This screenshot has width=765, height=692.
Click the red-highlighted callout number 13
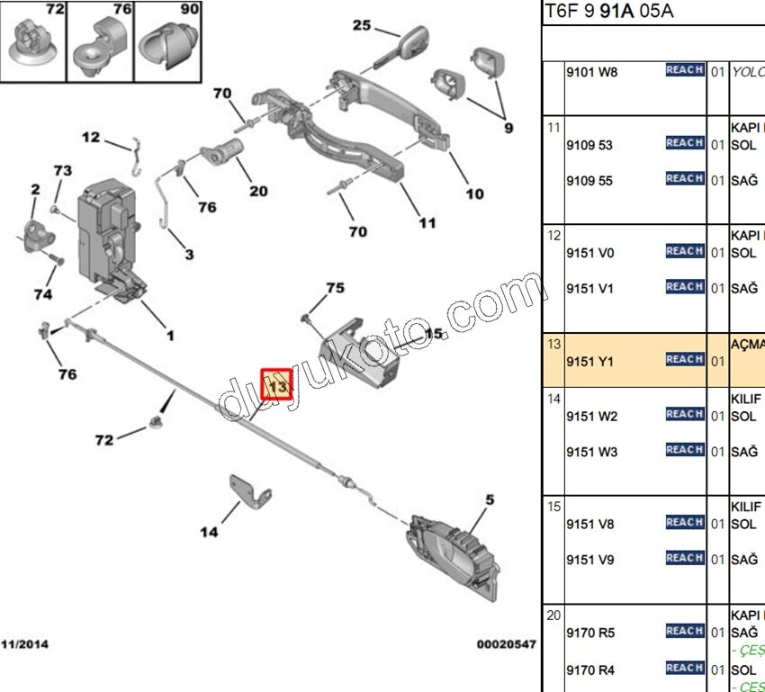click(x=277, y=385)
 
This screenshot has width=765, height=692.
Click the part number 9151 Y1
click(x=589, y=361)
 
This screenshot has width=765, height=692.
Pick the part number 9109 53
click(x=589, y=144)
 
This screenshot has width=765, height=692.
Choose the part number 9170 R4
click(x=590, y=669)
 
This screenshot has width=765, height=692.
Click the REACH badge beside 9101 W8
click(x=685, y=70)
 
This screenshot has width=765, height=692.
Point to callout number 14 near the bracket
click(x=209, y=532)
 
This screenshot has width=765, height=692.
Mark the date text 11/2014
click(x=24, y=644)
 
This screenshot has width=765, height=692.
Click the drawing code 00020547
click(x=506, y=644)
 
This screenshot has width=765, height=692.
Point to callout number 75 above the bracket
click(x=335, y=288)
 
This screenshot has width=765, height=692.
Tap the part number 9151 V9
click(x=589, y=560)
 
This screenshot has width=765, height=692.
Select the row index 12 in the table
click(x=553, y=236)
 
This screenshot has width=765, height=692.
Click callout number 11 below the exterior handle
click(x=427, y=223)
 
